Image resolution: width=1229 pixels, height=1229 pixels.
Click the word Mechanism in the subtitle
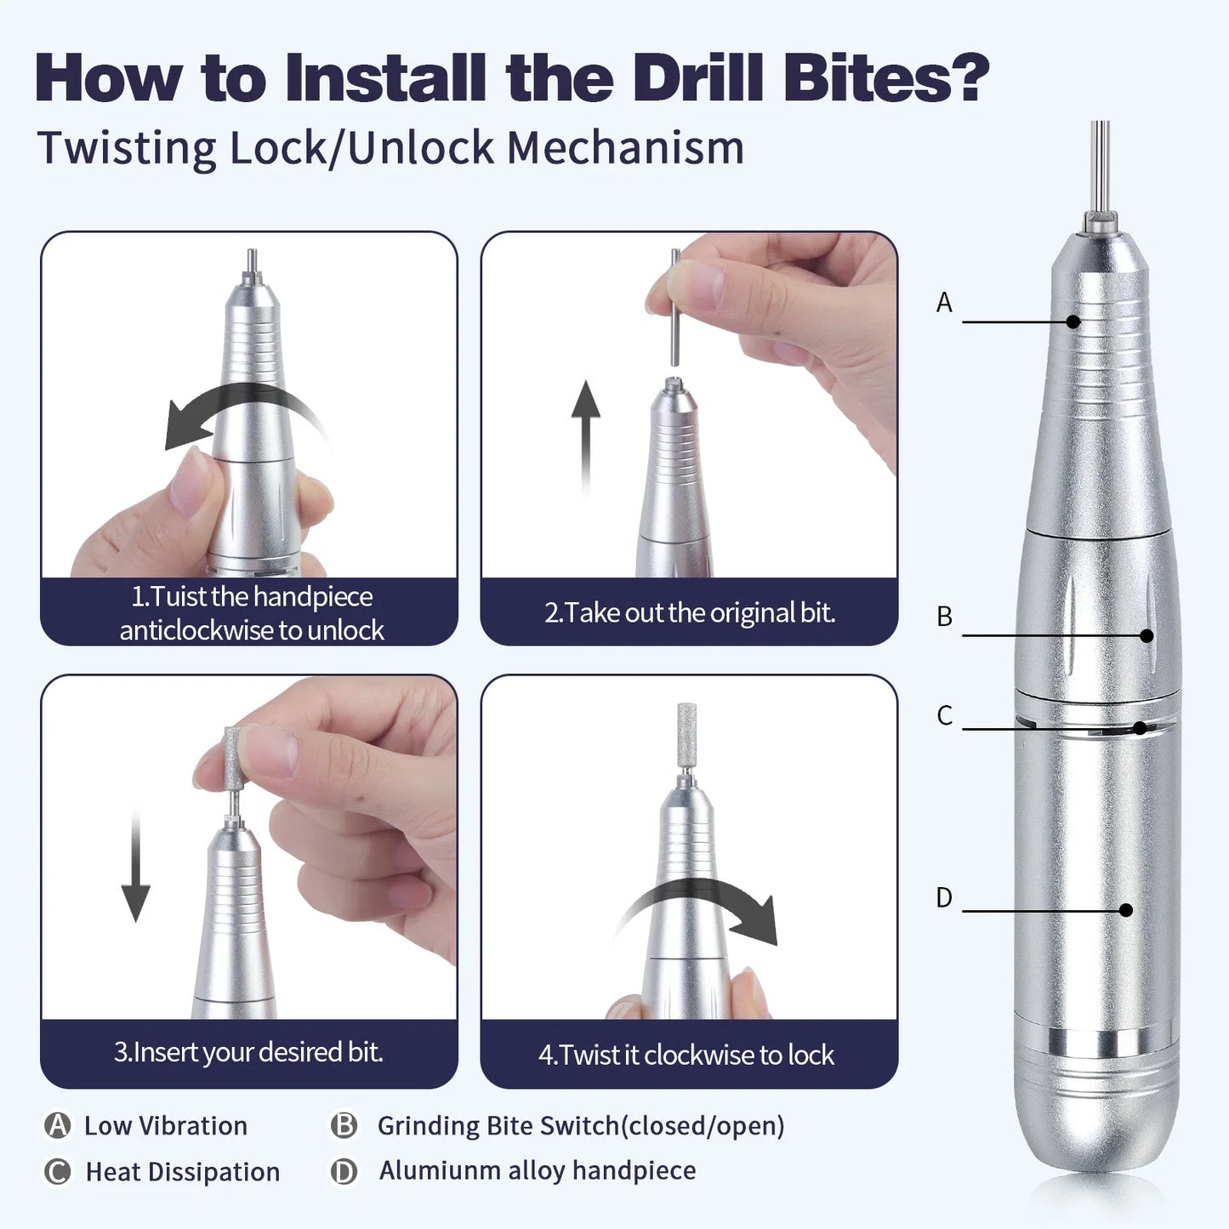625,149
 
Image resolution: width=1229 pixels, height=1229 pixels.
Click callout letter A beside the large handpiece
944,303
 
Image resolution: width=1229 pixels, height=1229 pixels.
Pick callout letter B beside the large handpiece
944,617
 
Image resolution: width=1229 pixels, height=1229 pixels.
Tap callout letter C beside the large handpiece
944,716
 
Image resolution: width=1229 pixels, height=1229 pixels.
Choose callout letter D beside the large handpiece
944,898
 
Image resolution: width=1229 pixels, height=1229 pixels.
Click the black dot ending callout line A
1073,321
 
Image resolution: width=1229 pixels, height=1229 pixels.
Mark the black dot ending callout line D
1125,910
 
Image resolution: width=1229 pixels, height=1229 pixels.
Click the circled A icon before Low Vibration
57,1125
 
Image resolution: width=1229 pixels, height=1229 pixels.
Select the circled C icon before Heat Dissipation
57,1171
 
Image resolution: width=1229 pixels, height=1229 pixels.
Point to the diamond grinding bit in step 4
686,730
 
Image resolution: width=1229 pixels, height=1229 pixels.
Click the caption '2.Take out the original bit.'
689,612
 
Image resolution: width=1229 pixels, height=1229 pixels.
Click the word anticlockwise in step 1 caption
196,630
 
